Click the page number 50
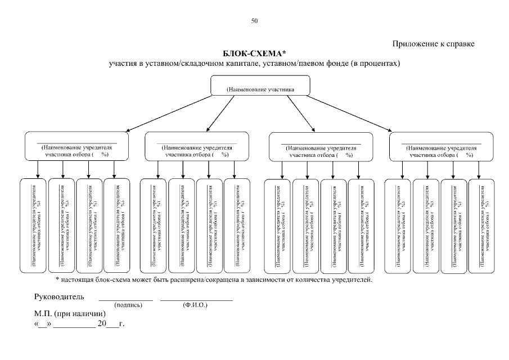click(x=254, y=21)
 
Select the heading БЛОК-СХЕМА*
click(x=254, y=53)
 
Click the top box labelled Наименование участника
click(x=260, y=87)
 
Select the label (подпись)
click(x=128, y=305)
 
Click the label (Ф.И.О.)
click(x=195, y=305)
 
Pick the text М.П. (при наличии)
click(x=70, y=314)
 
